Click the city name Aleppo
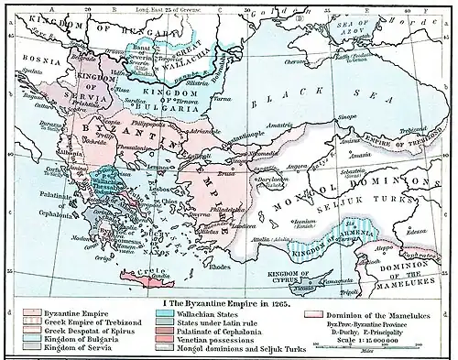391,222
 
